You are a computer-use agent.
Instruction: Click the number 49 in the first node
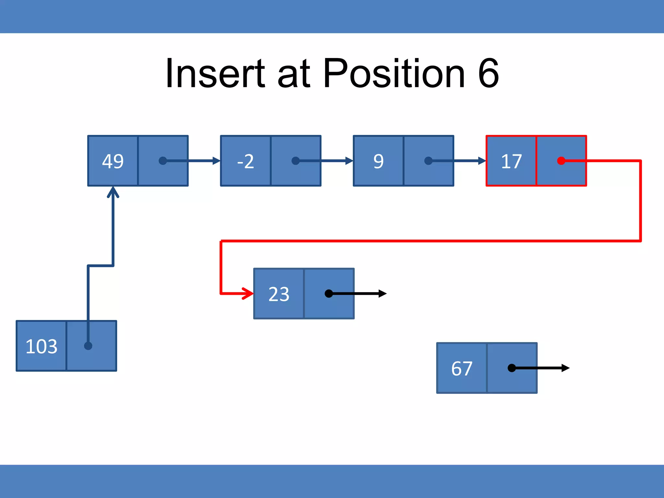(x=113, y=161)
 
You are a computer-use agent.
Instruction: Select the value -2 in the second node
(x=245, y=161)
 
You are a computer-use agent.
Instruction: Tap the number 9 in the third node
(x=378, y=161)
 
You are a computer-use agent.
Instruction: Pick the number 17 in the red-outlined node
(x=511, y=161)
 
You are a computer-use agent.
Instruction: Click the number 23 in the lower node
(x=279, y=294)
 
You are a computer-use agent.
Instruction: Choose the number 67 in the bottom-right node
(x=462, y=368)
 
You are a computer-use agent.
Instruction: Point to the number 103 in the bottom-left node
(x=41, y=346)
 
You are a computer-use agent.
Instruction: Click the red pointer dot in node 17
(x=561, y=161)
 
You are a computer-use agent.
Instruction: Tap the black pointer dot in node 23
(x=329, y=294)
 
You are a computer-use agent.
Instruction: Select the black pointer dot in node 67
(x=512, y=368)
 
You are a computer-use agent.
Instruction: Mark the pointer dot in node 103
(x=88, y=346)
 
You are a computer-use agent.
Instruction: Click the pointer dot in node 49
(x=163, y=161)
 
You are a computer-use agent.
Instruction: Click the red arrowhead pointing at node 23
(x=249, y=293)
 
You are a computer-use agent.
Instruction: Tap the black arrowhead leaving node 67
(x=565, y=368)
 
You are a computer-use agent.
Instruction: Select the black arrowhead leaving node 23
(x=383, y=294)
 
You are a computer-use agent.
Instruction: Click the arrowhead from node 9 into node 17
(x=482, y=161)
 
